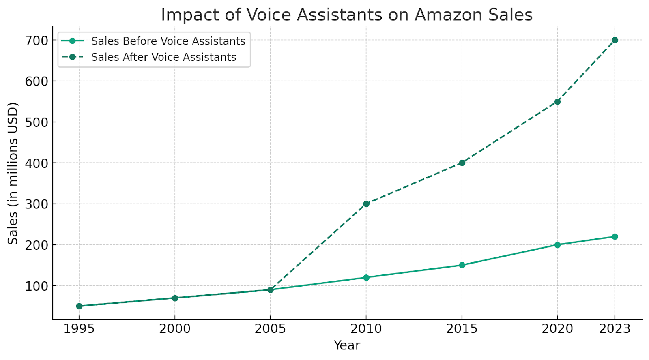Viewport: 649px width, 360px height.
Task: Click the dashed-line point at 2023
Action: pos(615,40)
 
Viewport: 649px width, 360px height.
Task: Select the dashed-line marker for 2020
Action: pos(557,101)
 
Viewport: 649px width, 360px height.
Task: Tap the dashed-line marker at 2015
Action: pos(462,163)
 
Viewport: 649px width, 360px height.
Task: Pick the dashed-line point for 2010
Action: pos(366,204)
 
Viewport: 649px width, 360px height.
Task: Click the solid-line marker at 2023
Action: pos(615,236)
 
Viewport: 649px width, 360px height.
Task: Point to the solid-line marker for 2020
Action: pos(557,245)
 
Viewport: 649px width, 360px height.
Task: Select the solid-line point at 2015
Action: pos(462,265)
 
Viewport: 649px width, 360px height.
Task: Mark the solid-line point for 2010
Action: pos(366,278)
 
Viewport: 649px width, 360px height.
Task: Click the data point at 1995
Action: pos(79,306)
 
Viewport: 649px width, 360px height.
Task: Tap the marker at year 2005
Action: pos(271,290)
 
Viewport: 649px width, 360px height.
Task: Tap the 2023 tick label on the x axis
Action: pos(615,328)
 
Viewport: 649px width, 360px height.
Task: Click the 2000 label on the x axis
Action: pos(175,328)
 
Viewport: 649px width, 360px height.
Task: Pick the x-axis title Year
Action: pos(347,345)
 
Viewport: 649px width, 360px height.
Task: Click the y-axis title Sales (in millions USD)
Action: pos(13,174)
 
